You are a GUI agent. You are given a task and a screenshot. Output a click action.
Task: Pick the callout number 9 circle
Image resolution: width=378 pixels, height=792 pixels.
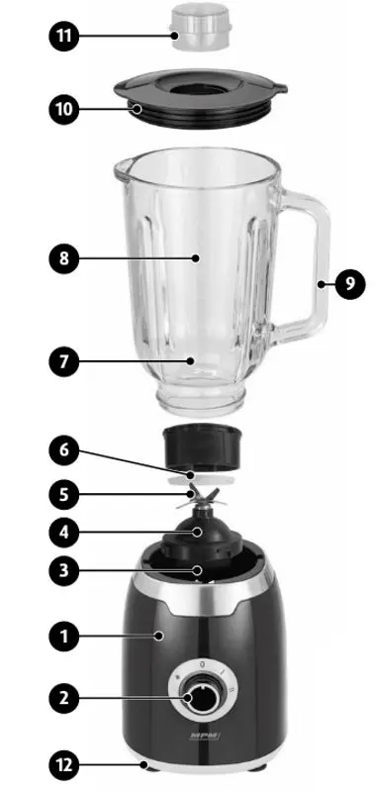pos(348,284)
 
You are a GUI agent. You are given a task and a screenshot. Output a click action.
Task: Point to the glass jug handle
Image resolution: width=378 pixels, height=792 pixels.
pos(315,267)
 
